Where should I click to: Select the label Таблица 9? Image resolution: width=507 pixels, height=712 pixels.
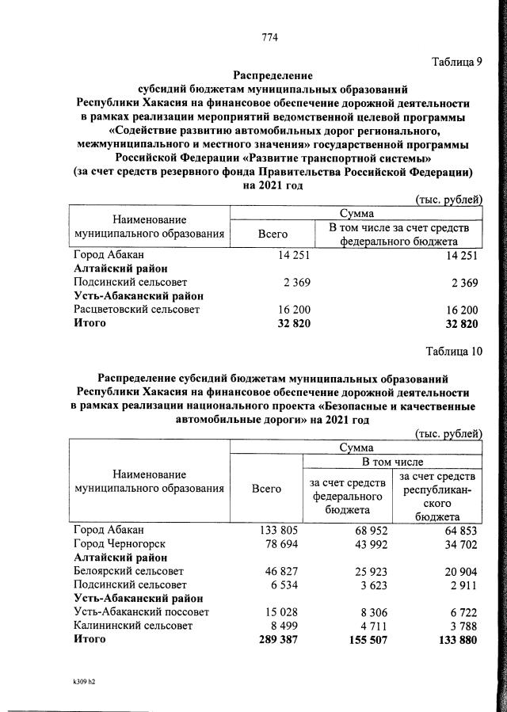[x=456, y=62]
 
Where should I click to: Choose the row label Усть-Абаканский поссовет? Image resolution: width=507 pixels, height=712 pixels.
[x=140, y=612]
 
